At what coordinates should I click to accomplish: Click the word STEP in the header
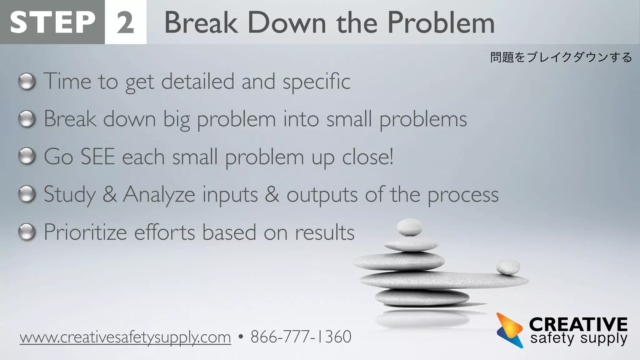(52, 22)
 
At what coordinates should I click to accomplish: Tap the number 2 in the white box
(126, 22)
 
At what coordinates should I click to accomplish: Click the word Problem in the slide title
(441, 22)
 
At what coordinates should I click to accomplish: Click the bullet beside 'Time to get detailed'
(27, 82)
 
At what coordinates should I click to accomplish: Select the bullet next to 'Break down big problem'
(27, 119)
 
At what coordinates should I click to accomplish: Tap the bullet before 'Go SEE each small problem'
(27, 157)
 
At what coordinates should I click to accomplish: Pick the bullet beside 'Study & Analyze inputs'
(27, 194)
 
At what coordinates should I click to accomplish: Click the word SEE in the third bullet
(98, 157)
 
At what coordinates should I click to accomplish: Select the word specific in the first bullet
(316, 82)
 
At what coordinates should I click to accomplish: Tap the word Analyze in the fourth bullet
(159, 195)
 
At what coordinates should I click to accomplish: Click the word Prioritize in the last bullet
(85, 232)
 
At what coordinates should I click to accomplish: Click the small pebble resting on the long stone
(508, 267)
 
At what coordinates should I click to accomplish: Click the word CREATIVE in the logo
(578, 324)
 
